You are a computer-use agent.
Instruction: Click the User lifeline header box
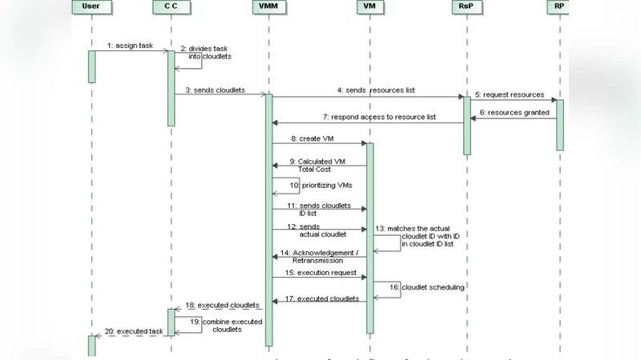91,6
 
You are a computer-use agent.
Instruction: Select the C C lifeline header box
171,6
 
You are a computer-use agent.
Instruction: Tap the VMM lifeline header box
269,6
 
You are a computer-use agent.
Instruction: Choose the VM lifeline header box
369,6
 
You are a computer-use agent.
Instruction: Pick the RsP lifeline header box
466,6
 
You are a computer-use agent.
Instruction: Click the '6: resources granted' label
514,112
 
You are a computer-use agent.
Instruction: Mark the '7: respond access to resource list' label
380,117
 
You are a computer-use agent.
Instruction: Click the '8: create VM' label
312,138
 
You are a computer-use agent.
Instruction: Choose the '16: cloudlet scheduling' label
428,287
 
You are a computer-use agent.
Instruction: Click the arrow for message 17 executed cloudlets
320,302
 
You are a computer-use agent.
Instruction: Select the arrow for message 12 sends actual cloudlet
320,230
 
